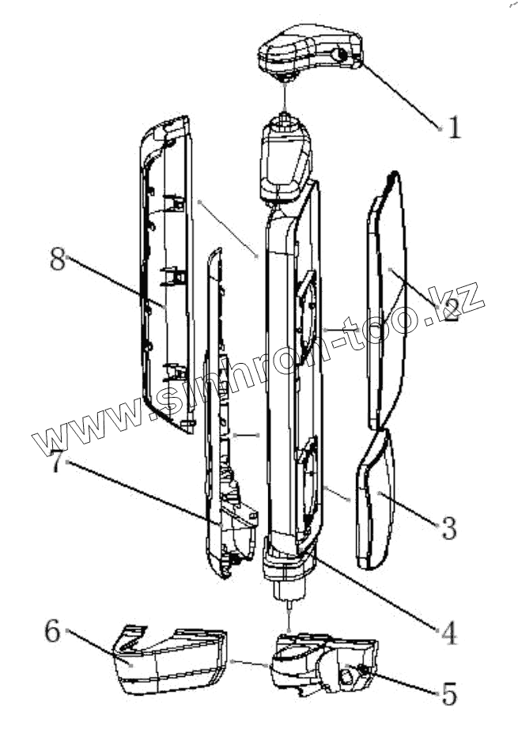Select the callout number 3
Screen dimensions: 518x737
(x=449, y=527)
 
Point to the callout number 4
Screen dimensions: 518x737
(x=448, y=632)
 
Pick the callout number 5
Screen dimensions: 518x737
(x=448, y=694)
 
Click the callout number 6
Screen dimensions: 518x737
(x=52, y=630)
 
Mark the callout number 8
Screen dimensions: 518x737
(x=57, y=259)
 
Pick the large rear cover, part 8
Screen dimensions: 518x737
(x=166, y=277)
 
